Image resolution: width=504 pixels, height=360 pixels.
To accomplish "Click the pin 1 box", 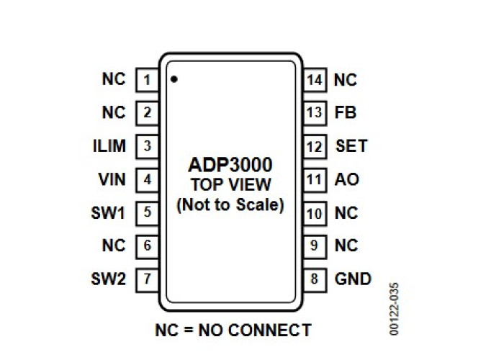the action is point(147,80).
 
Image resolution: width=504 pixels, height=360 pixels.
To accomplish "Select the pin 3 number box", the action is point(147,146).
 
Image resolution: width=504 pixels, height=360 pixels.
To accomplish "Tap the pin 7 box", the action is point(147,279).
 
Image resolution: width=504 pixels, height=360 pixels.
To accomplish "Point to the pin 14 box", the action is point(315,80).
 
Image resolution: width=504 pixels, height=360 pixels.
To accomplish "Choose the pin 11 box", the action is point(315,180).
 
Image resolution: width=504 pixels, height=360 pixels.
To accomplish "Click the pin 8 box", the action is point(315,279).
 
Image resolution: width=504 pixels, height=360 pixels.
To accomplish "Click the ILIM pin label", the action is point(109,146).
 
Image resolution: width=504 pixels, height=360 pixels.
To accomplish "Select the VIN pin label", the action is point(112,179).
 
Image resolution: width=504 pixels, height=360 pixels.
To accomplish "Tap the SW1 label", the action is point(108,213).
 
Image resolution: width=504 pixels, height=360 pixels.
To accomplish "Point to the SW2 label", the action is point(108,279).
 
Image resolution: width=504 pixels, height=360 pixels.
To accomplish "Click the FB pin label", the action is point(346,112).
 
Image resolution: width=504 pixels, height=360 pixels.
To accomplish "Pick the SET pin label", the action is point(351,146).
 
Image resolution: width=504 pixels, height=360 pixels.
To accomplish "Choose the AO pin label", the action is point(346,179).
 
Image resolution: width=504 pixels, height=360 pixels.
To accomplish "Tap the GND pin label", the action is point(353,279).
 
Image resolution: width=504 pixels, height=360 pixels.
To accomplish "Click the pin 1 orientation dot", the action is point(174,79).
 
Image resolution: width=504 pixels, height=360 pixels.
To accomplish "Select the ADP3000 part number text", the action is point(230,165).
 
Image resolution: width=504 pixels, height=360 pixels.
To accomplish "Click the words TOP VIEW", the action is point(231,185).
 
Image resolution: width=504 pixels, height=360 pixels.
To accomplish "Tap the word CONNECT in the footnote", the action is point(270,330).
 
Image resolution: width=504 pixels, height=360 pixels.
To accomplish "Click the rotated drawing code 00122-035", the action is point(394,309).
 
